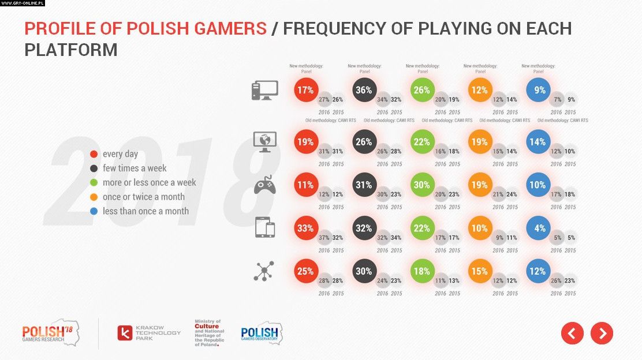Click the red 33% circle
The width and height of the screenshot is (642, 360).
tap(306, 228)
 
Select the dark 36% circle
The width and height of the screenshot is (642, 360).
tap(364, 90)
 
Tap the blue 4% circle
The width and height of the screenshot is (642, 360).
tap(539, 228)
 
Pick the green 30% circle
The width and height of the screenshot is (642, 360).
tap(422, 185)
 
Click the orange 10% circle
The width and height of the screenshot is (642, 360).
tap(480, 228)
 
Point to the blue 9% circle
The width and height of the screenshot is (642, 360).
tap(539, 90)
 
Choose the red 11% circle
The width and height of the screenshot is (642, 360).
tap(306, 185)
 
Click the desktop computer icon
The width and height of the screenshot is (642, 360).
tap(264, 91)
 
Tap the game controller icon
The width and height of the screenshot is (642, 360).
tap(265, 185)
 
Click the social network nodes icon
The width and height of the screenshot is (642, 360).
tap(264, 271)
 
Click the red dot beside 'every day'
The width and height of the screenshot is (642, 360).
tap(94, 154)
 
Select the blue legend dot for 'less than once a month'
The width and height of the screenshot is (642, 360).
tap(94, 211)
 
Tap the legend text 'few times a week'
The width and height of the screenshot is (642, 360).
tap(135, 168)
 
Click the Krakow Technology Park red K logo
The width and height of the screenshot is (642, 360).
tap(125, 333)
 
